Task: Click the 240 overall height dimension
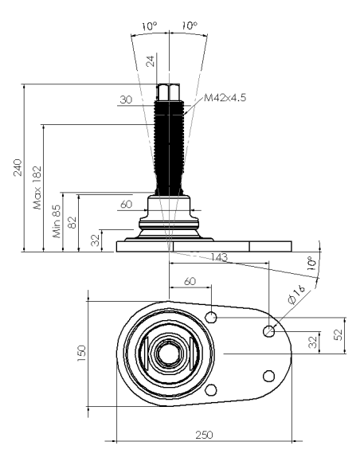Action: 18,167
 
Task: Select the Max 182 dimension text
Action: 37,188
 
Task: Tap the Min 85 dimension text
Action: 57,221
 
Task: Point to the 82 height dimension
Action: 72,222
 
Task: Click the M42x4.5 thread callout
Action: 225,98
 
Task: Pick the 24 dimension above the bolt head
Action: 151,61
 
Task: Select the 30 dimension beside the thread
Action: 126,100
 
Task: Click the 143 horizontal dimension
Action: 219,257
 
